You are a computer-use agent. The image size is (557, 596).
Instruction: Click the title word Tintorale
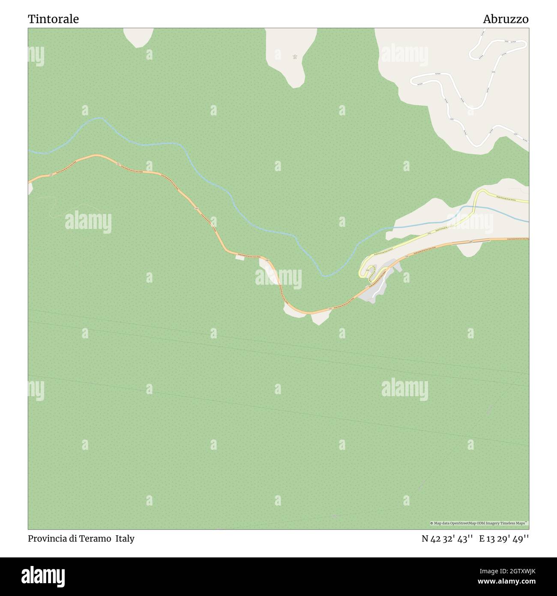point(53,19)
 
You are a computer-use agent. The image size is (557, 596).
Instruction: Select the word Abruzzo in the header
point(506,19)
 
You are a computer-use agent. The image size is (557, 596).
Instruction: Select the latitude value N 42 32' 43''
point(447,539)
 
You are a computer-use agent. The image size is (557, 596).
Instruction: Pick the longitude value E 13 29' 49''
point(504,539)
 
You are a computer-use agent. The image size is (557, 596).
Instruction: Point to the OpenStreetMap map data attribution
point(479,523)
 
